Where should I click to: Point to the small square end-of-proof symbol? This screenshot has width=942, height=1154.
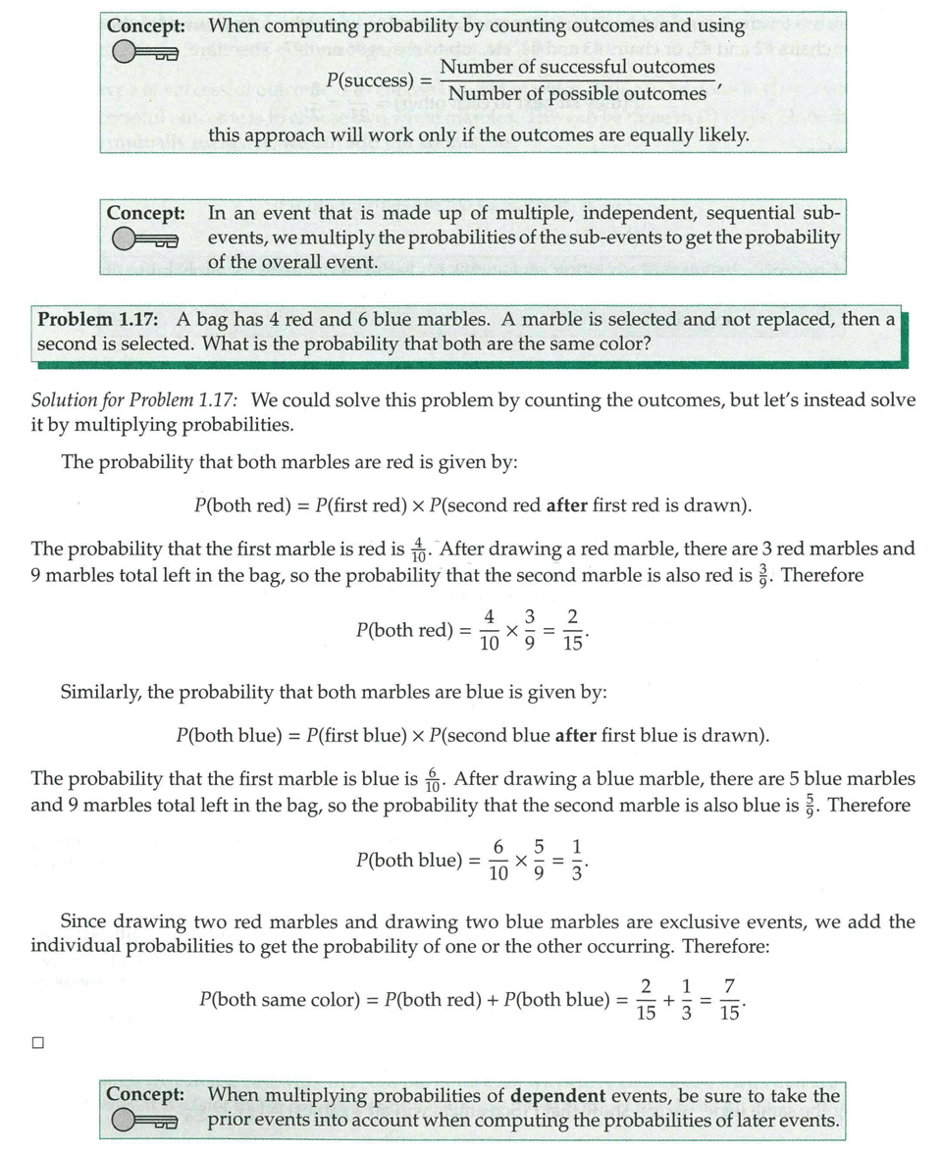point(38,1044)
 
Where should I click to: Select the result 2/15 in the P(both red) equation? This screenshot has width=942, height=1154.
point(573,629)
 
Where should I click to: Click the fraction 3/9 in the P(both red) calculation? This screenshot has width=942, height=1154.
point(530,629)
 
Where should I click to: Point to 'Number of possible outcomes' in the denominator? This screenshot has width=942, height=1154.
point(576,94)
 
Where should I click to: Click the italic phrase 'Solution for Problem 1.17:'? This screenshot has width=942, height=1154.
point(137,400)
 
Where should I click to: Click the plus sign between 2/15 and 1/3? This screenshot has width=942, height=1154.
point(667,1000)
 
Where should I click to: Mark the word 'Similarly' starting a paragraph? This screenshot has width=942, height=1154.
point(101,692)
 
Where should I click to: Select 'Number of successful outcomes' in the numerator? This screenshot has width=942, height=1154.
point(577,67)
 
